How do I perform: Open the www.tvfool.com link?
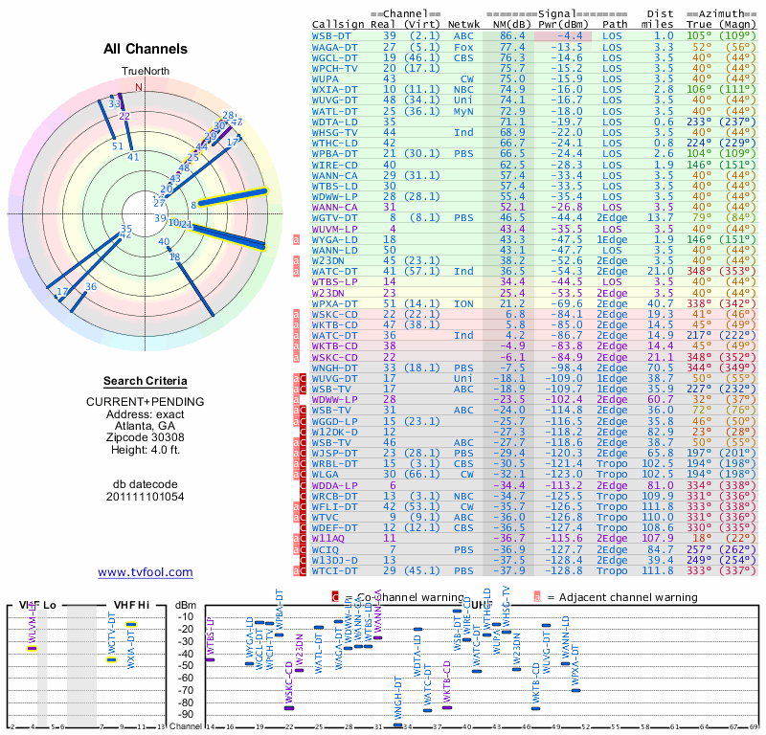point(145,572)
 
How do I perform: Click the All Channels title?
point(146,48)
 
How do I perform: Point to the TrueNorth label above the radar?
point(145,72)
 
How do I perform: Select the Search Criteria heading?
point(146,381)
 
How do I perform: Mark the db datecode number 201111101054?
point(146,497)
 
